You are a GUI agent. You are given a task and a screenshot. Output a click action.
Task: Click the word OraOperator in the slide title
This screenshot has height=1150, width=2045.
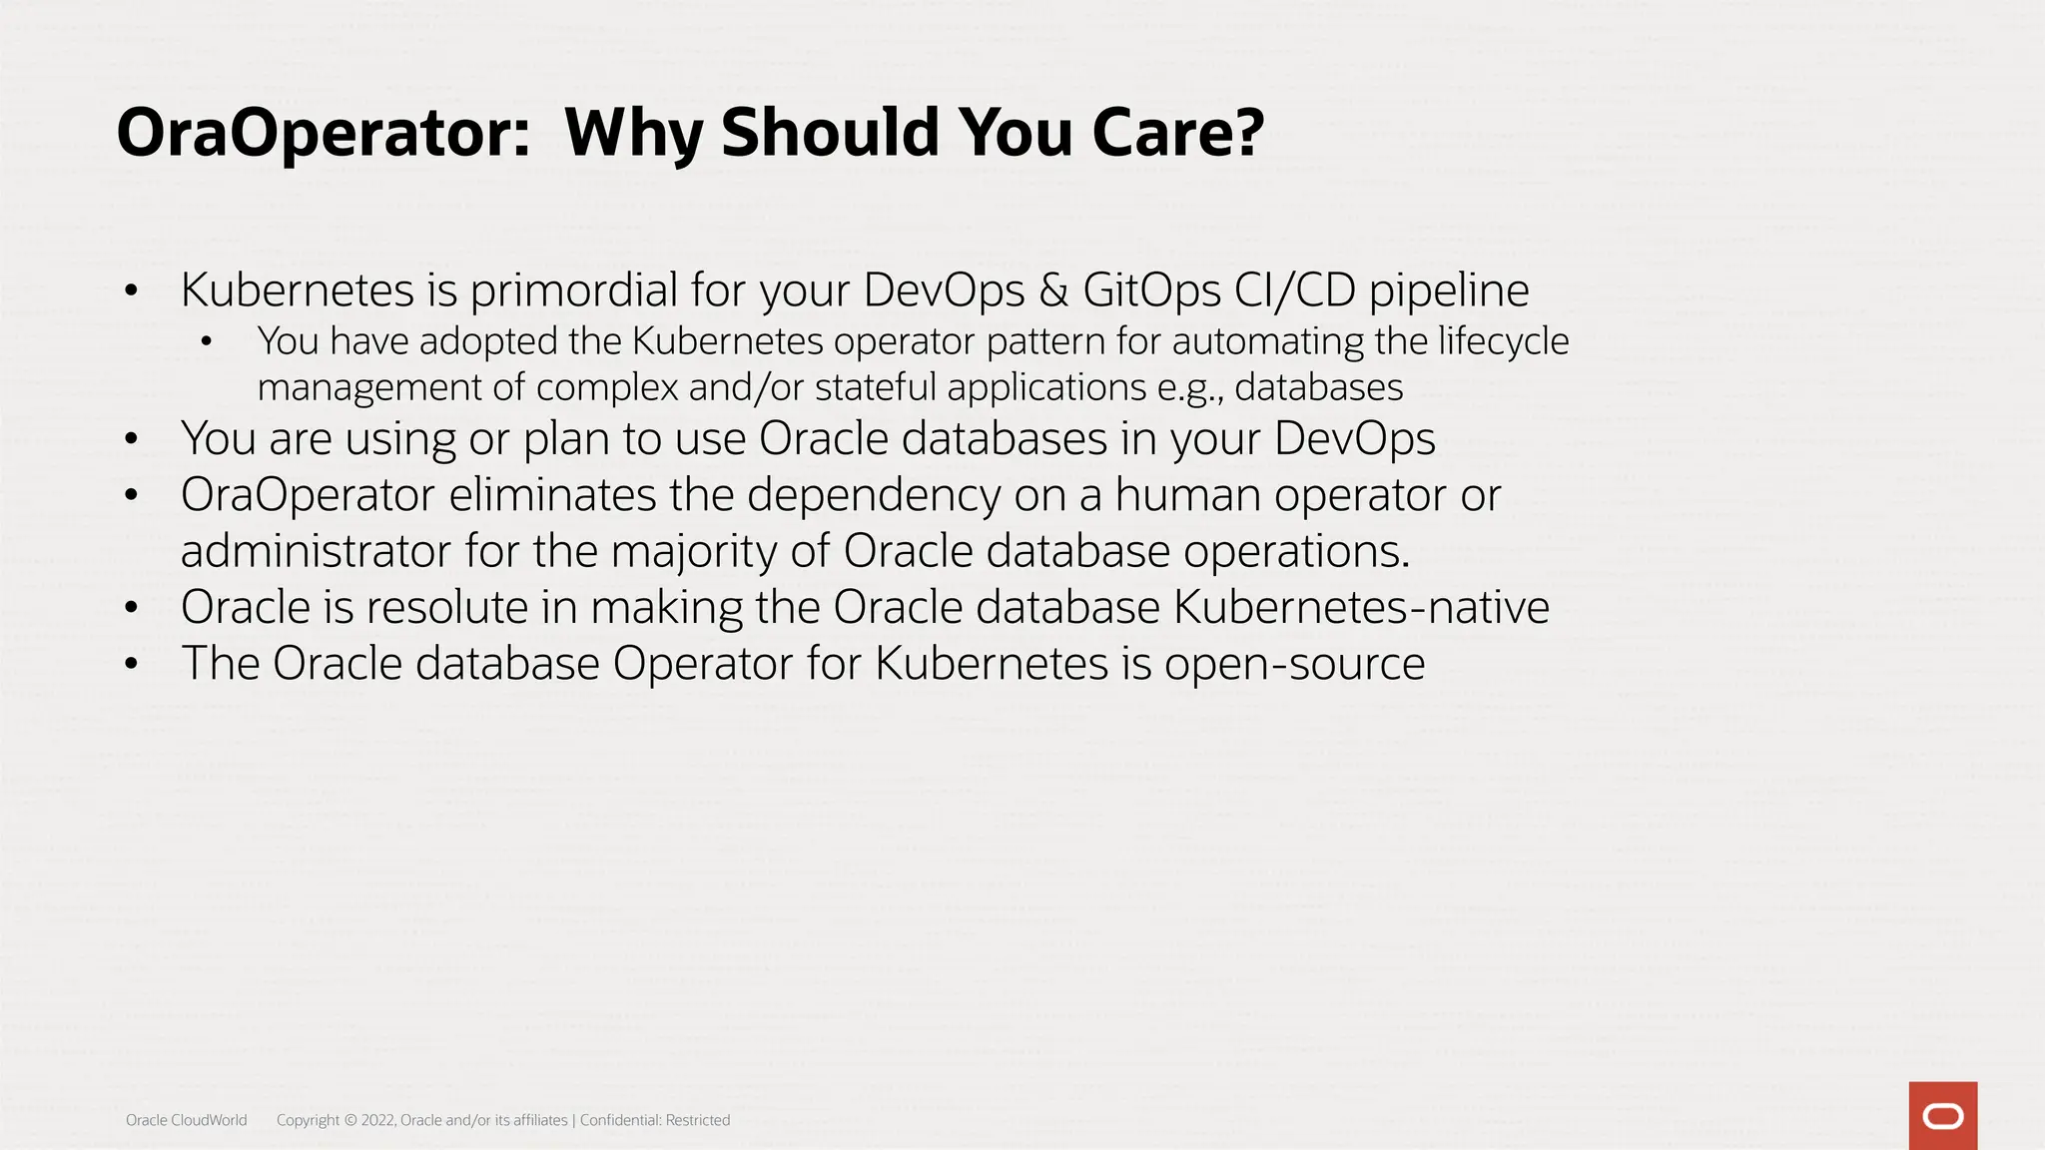click(x=323, y=133)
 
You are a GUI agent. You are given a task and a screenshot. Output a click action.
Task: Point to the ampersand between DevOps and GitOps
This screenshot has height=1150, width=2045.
click(x=1053, y=290)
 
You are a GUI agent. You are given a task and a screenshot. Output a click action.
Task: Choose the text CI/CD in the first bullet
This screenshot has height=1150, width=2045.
click(x=1295, y=290)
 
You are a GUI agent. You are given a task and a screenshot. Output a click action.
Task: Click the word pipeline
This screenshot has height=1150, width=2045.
click(x=1449, y=290)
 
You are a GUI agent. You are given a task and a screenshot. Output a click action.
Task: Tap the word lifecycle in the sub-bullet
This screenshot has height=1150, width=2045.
click(x=1503, y=341)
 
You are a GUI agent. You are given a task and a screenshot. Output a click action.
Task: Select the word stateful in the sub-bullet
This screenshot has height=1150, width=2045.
click(x=876, y=387)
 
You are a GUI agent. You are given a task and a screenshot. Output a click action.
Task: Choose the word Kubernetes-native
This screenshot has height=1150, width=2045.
click(x=1361, y=607)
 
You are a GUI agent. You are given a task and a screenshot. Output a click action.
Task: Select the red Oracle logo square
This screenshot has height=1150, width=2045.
click(x=1942, y=1115)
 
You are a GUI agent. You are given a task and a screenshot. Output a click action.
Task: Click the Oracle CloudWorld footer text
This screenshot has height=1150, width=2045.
click(x=186, y=1120)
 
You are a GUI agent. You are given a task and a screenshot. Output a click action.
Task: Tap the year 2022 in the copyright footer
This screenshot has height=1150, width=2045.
click(x=377, y=1120)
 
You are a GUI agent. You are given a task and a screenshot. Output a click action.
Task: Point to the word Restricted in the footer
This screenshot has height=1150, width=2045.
click(x=698, y=1120)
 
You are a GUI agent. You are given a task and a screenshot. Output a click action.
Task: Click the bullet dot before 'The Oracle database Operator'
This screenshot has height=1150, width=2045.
click(x=131, y=664)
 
